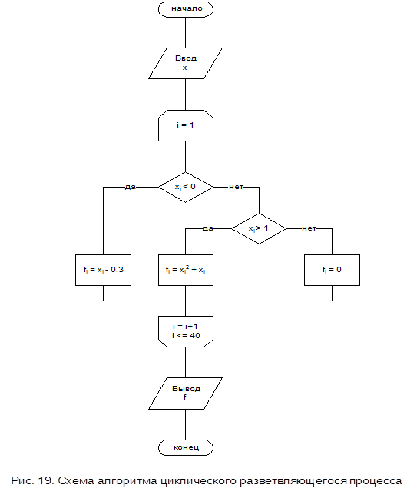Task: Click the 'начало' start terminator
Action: click(x=186, y=9)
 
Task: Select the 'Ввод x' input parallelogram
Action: click(x=186, y=63)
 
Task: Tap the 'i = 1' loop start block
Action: click(x=186, y=125)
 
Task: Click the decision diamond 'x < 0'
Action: click(x=186, y=188)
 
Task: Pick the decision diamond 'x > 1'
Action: click(x=259, y=228)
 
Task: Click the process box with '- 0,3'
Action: click(x=103, y=270)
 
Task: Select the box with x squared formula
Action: click(x=186, y=270)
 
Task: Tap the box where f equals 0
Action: click(x=332, y=270)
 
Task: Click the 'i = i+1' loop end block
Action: click(x=186, y=331)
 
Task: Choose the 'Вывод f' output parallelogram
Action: click(x=186, y=394)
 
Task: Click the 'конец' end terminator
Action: click(x=186, y=447)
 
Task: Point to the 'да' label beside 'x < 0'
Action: click(x=131, y=187)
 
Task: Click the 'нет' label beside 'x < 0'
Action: click(x=236, y=187)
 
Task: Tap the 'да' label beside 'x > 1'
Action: click(x=208, y=228)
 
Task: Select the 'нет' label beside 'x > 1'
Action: click(x=309, y=228)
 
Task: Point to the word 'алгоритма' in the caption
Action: click(x=127, y=481)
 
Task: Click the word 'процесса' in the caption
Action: click(x=376, y=481)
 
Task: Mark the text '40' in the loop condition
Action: click(x=194, y=336)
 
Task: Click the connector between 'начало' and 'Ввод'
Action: click(x=186, y=32)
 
